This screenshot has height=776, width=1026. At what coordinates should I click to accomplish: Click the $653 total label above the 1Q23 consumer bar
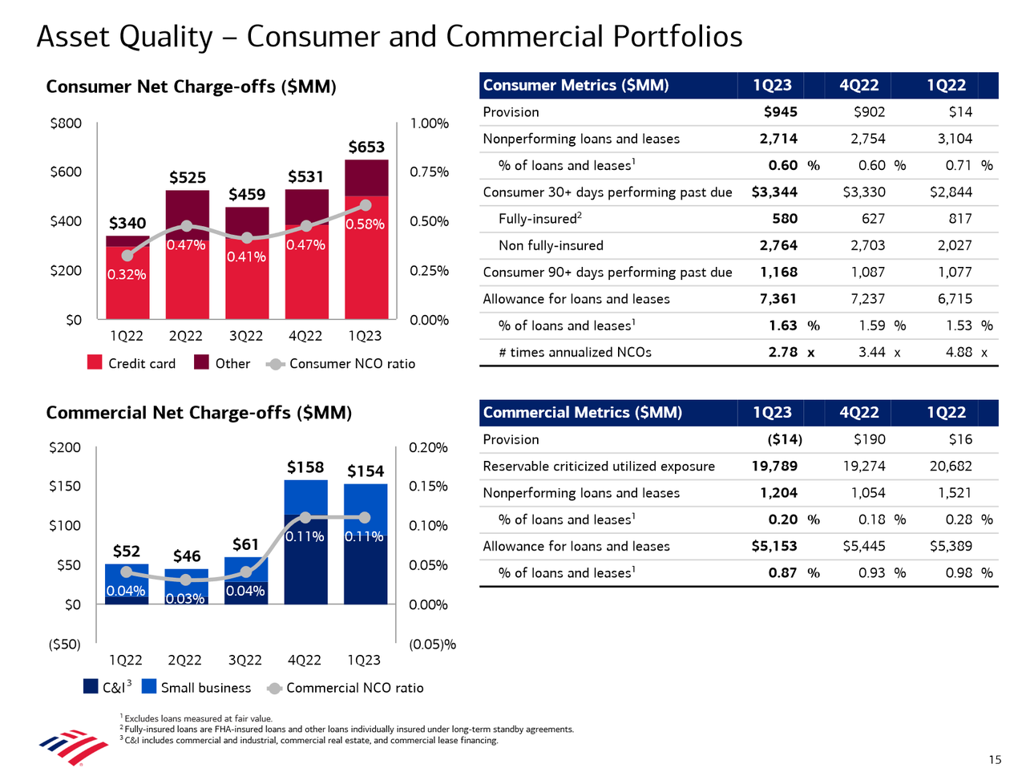(x=366, y=147)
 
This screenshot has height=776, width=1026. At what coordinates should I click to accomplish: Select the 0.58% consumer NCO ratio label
(x=365, y=224)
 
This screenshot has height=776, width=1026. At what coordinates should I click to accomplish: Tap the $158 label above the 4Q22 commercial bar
(x=305, y=467)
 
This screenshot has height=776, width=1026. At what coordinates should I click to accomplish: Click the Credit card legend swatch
(x=95, y=363)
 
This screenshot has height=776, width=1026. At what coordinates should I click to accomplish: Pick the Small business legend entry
(x=196, y=688)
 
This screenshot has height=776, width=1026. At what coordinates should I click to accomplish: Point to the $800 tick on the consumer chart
(x=66, y=123)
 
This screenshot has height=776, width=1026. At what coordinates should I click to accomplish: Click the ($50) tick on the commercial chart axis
(x=64, y=645)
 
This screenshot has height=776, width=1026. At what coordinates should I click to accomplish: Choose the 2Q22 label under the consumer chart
(x=185, y=336)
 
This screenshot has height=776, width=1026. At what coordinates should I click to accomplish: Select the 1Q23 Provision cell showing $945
(x=780, y=112)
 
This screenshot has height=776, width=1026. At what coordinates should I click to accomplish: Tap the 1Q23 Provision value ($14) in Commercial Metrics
(x=784, y=439)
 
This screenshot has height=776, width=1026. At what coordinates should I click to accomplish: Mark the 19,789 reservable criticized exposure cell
(x=774, y=467)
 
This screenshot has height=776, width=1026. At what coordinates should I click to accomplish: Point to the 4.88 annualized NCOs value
(x=959, y=352)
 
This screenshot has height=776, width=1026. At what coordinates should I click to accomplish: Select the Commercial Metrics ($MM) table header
(x=583, y=413)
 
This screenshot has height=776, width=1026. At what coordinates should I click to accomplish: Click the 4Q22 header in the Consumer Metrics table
(x=859, y=86)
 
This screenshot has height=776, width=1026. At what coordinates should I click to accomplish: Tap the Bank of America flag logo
(x=74, y=746)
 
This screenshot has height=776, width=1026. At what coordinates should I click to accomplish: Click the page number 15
(x=995, y=760)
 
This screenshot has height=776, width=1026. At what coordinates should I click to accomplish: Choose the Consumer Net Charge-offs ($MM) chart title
(x=191, y=87)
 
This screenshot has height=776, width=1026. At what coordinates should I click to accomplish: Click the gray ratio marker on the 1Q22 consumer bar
(x=127, y=256)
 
